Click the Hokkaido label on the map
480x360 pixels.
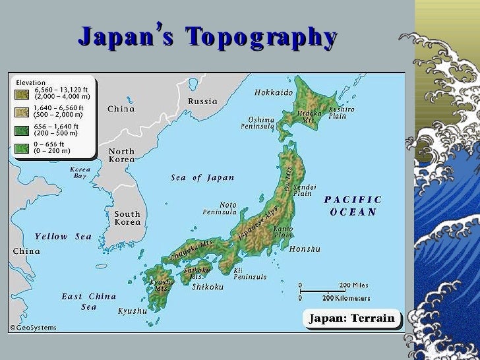273,93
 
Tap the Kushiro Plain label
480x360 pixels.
342,112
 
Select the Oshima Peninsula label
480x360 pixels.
261,123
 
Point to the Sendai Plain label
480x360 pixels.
303,190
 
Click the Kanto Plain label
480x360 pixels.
283,231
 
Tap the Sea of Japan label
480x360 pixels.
202,178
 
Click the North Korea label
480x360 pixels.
121,156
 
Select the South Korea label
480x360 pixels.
127,218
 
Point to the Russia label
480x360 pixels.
202,102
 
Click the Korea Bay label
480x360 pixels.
80,173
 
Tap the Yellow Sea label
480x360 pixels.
63,236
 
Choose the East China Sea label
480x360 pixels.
89,301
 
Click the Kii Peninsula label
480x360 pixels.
250,274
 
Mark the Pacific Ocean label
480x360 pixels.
353,205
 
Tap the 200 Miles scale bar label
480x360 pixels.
354,285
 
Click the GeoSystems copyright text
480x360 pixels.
33,328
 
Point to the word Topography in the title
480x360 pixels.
261,38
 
